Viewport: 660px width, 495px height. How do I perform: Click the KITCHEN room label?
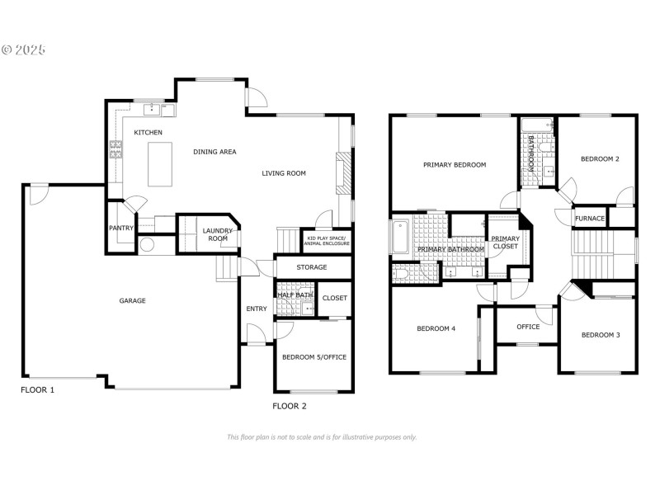tap(148, 132)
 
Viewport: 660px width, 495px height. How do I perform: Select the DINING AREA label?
tap(215, 152)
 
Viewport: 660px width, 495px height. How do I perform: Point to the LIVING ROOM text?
tap(284, 173)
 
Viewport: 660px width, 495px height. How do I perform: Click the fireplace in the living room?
tap(344, 174)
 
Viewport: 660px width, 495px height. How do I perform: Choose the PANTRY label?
tap(121, 228)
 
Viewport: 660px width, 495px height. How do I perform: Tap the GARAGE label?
tap(132, 300)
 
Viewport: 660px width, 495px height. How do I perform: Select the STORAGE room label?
tap(312, 267)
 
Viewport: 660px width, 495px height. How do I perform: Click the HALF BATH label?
tap(295, 295)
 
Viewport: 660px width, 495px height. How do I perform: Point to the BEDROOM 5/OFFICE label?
tap(313, 356)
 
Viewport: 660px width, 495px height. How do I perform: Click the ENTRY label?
tap(257, 309)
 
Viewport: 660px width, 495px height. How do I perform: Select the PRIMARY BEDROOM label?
tap(455, 165)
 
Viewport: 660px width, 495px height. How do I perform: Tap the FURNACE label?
tap(590, 219)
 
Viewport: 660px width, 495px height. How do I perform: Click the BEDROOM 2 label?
tap(600, 158)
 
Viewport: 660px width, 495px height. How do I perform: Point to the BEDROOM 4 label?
tap(436, 328)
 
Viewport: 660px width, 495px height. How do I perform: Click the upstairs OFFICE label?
tap(528, 327)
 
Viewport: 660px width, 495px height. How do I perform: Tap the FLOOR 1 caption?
tap(37, 389)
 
